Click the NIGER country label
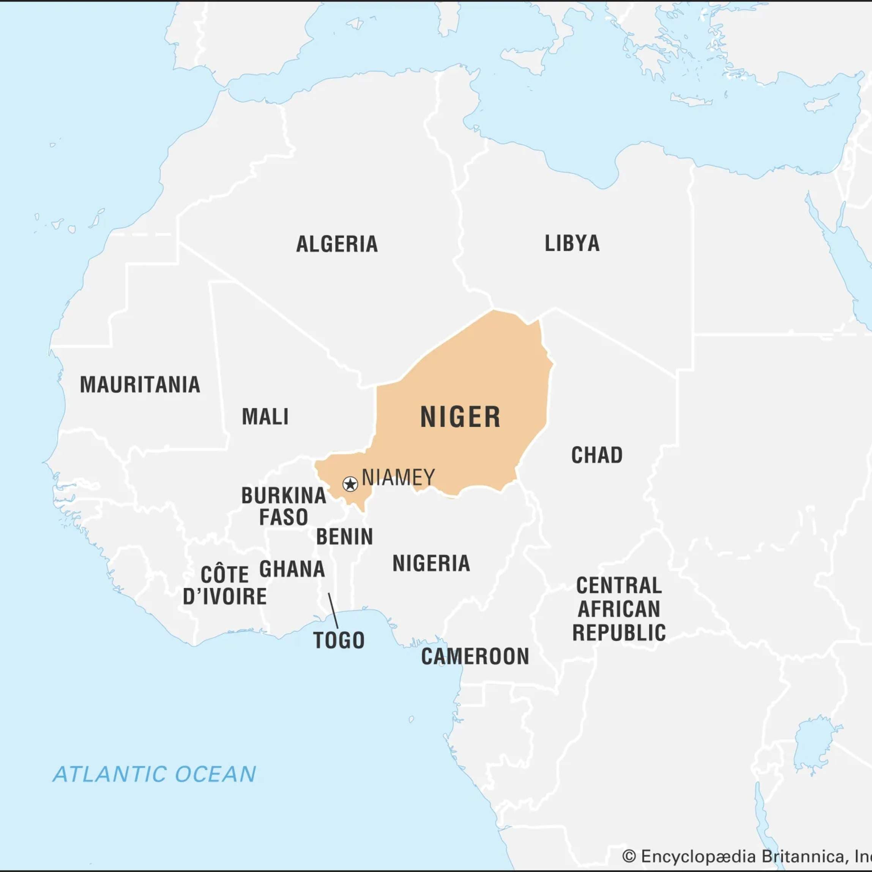click(x=460, y=417)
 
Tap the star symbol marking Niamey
click(x=350, y=484)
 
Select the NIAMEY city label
click(x=398, y=477)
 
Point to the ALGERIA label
click(x=337, y=244)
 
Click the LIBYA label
click(x=572, y=243)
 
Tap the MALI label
click(x=265, y=417)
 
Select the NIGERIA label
click(x=431, y=563)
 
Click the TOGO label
click(x=339, y=641)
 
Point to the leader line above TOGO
click(x=333, y=611)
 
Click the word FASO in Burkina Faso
click(x=283, y=517)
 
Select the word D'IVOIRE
click(x=224, y=597)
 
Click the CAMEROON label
click(x=475, y=656)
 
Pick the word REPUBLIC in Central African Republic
click(x=619, y=633)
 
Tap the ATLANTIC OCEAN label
click(x=155, y=774)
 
